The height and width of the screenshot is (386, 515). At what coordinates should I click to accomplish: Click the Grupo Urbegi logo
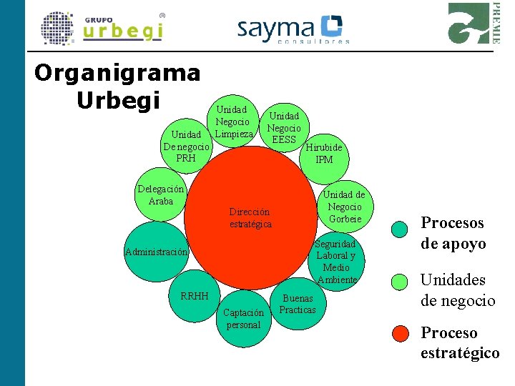[102, 29]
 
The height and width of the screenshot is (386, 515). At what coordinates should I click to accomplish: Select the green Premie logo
[473, 24]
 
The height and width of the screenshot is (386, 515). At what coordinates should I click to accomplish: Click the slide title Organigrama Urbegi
[118, 86]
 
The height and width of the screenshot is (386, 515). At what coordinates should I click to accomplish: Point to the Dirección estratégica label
[250, 217]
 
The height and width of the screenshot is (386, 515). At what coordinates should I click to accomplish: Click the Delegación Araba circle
[162, 195]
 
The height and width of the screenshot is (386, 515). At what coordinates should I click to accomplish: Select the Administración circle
[156, 252]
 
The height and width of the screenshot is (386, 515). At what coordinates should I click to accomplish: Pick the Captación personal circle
[243, 319]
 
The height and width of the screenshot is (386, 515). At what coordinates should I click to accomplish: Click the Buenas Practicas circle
[298, 305]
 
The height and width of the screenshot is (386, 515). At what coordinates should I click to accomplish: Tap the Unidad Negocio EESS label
[284, 127]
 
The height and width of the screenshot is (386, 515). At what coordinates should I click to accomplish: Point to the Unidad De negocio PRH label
[186, 146]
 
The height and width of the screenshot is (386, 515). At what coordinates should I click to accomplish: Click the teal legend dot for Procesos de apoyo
[401, 229]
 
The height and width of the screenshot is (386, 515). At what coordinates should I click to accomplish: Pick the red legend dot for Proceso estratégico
[401, 333]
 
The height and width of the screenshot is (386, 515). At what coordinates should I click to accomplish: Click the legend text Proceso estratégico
[459, 342]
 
